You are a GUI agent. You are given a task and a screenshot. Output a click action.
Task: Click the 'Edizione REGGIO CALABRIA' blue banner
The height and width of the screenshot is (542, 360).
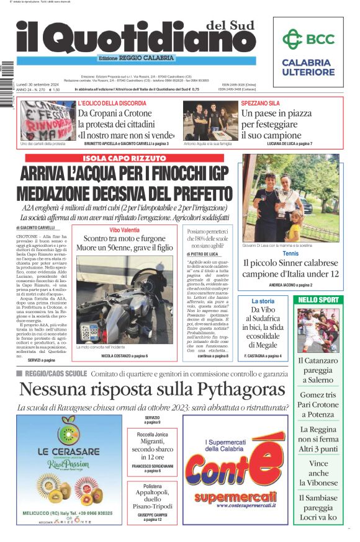point(136,58)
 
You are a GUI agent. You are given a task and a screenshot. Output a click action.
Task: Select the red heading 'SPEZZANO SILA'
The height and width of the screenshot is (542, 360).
point(260,103)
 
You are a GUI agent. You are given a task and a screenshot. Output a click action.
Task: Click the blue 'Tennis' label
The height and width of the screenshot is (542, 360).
point(290,254)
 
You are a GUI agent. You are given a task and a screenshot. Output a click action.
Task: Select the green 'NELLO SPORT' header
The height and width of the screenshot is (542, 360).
point(318,300)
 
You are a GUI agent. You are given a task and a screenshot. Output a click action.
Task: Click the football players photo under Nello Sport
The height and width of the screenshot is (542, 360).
point(318,330)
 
